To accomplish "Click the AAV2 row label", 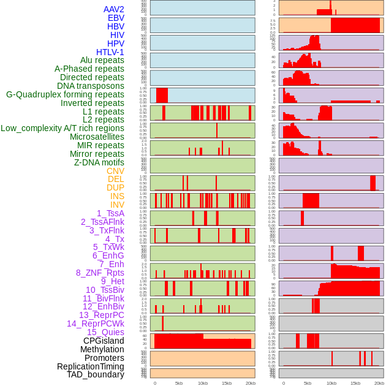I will tap(114, 9).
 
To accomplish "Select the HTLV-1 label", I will tap(110, 52).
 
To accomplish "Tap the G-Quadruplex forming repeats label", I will tap(65, 94).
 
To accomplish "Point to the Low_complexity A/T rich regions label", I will tap(62, 128).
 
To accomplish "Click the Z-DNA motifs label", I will tap(99, 162).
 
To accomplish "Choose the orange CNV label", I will tap(115, 171).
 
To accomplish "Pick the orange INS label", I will tap(117, 196).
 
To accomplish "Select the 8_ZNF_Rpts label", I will tap(100, 273).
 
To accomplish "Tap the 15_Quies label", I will tap(105, 332).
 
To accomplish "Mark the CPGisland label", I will tap(104, 341).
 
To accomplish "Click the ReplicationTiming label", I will tap(90, 366).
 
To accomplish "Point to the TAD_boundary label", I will tap(96, 374).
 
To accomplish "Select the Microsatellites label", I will tap(97, 137).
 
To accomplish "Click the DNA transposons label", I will tap(91, 86).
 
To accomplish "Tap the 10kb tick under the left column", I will tap(203, 384).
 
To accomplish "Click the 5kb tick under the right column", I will tap(308, 384).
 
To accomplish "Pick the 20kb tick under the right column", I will tap(379, 384).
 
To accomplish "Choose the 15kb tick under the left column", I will tap(227, 384).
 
